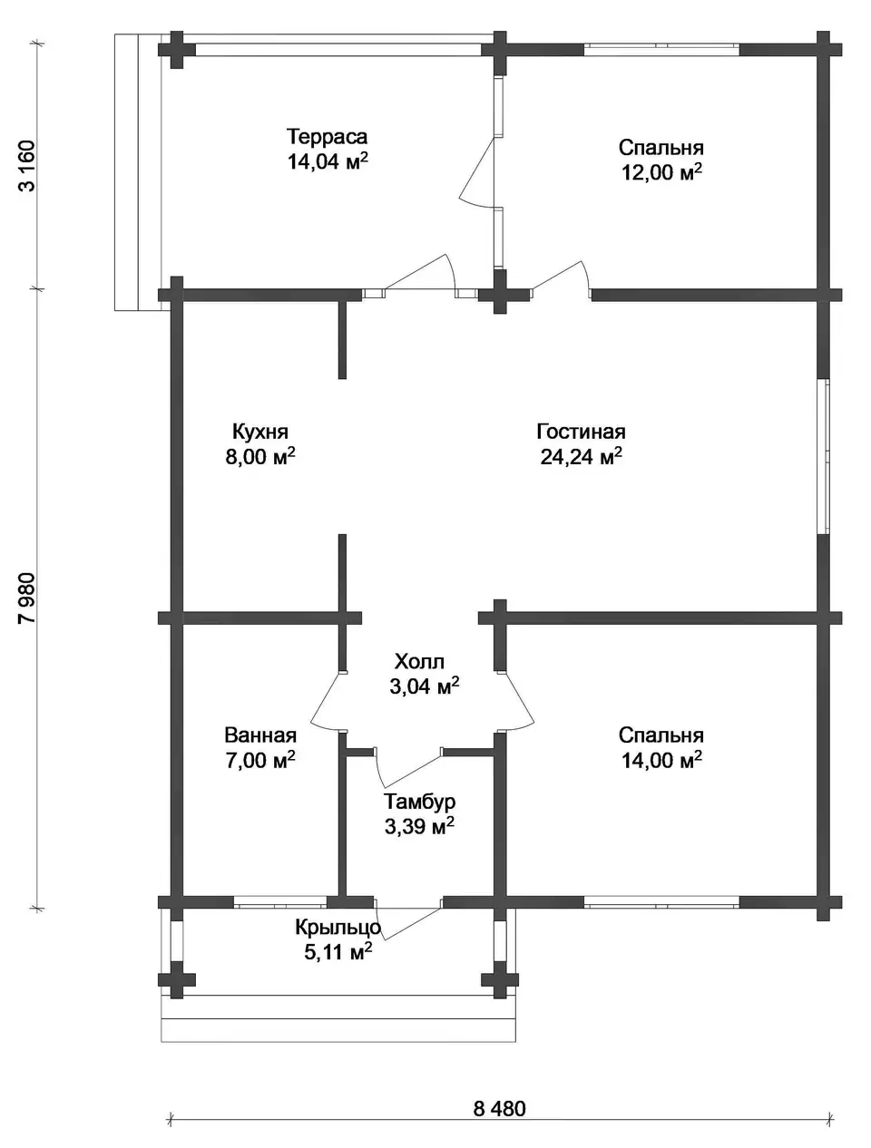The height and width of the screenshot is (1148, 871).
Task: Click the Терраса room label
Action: [x=327, y=137]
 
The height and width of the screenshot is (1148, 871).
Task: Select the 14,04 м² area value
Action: [x=327, y=161]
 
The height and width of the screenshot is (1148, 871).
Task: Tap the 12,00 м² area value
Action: [x=661, y=172]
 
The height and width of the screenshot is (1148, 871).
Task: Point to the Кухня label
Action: [x=260, y=433]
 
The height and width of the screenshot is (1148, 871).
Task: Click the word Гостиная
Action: [x=581, y=433]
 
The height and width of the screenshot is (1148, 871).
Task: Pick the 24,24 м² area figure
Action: [x=581, y=458]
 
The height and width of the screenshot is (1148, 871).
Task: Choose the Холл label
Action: [x=419, y=662]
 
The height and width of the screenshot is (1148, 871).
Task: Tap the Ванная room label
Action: [x=260, y=736]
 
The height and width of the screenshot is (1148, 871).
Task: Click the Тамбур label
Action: [x=419, y=802]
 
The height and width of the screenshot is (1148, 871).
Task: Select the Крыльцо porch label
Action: [x=338, y=928]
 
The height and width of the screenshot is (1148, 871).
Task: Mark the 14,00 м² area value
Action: [x=661, y=761]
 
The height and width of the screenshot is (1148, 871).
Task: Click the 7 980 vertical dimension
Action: [x=27, y=598]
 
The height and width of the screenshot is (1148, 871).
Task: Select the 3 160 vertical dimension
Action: [x=27, y=166]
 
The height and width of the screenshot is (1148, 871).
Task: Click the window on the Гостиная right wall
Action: [x=824, y=456]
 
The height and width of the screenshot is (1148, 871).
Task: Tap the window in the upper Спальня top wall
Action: [x=661, y=50]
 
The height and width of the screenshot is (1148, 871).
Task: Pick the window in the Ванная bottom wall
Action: [x=280, y=901]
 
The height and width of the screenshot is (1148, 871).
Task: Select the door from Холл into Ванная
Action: [x=328, y=701]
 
